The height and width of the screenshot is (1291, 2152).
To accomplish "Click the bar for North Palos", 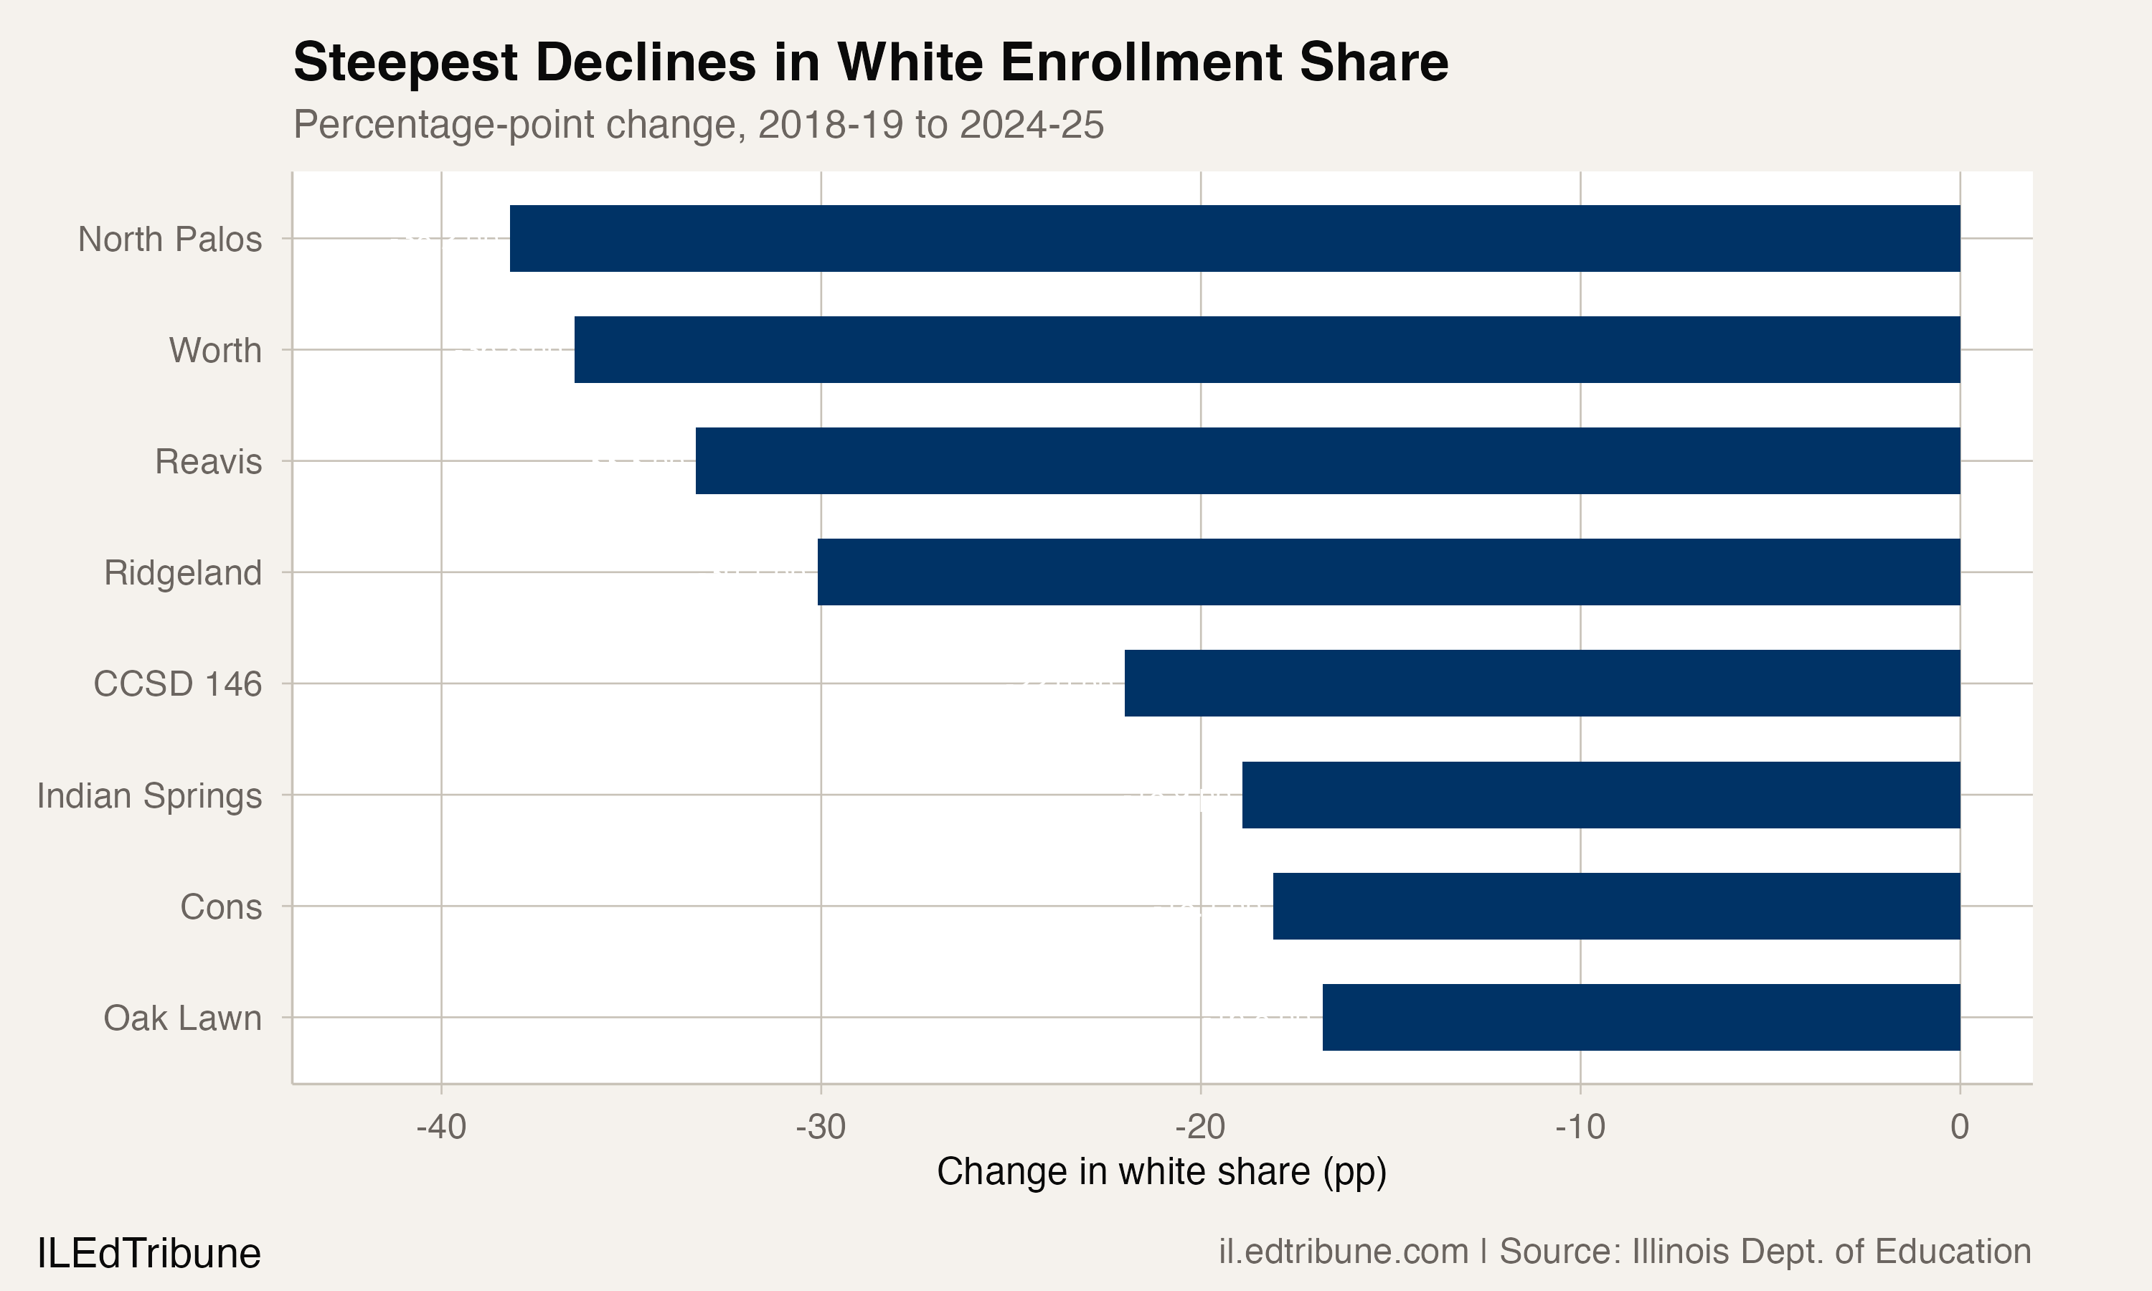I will [1235, 238].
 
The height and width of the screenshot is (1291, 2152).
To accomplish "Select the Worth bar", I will [1267, 350].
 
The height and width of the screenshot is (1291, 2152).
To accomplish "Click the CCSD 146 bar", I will [1542, 684].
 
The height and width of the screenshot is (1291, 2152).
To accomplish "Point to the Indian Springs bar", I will [1600, 795].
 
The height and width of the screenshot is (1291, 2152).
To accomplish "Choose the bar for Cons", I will [1616, 907].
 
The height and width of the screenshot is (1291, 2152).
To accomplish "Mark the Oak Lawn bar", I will [1641, 1018].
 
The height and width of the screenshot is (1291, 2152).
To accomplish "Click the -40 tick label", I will [441, 1127].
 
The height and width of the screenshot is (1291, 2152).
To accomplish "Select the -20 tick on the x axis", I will [1200, 1127].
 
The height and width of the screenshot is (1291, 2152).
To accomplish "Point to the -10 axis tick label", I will [1580, 1127].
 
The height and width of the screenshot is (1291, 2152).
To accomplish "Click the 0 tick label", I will [1959, 1127].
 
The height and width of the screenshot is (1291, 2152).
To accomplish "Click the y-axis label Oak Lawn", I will [183, 1018].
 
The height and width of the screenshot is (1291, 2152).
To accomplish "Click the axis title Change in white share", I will [1161, 1172].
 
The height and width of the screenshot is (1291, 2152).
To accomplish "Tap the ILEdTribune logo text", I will [148, 1254].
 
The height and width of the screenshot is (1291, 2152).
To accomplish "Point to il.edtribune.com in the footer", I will [1343, 1252].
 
